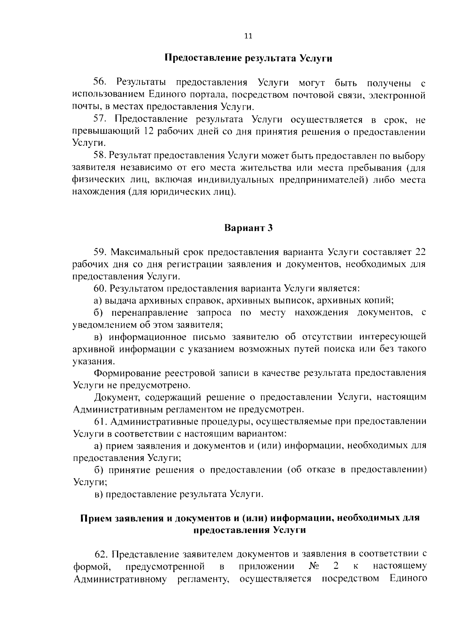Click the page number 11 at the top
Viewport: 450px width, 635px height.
point(248,36)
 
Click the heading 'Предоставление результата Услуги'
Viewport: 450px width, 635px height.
point(248,59)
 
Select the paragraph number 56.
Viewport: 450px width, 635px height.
point(100,82)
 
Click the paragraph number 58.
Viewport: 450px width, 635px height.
point(100,156)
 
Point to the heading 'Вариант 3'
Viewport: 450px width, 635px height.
point(248,228)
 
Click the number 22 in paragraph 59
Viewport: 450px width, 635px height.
point(420,252)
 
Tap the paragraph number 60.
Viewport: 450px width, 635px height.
point(100,288)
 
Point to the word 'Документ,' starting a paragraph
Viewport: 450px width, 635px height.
point(117,397)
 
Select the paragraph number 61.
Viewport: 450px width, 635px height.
point(100,422)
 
